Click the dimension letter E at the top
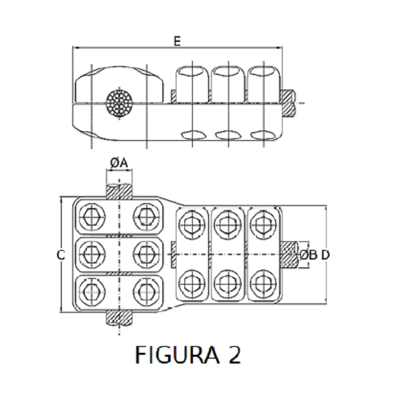click(x=177, y=42)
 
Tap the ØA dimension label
click(x=119, y=163)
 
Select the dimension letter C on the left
click(x=61, y=255)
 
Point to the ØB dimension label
click(x=309, y=255)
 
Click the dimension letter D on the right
click(x=325, y=255)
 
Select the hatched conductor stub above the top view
click(x=119, y=191)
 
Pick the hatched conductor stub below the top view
click(x=119, y=316)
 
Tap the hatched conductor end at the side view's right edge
click(x=288, y=103)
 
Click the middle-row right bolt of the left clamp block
click(x=146, y=254)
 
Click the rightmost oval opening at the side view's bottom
click(x=263, y=136)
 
